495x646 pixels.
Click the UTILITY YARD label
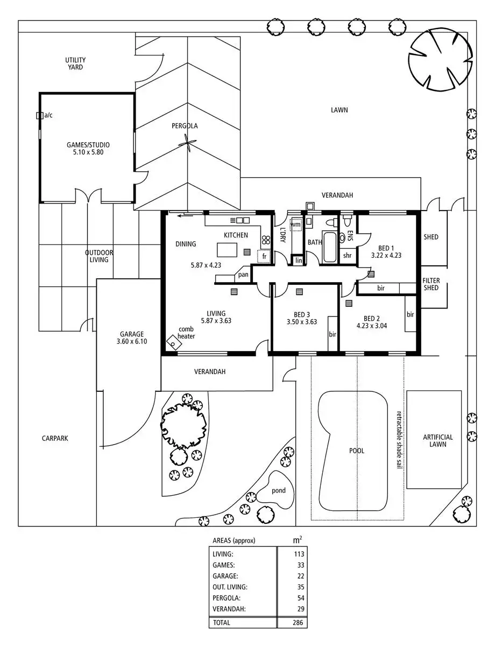[x=75, y=64]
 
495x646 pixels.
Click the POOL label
[x=357, y=451]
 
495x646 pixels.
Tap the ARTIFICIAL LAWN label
[x=437, y=441]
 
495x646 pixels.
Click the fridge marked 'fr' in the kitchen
[x=264, y=256]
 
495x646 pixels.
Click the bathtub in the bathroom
[x=330, y=247]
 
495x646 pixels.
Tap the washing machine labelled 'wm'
[x=296, y=224]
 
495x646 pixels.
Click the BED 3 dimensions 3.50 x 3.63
[x=301, y=322]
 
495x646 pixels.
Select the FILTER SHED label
[x=430, y=284]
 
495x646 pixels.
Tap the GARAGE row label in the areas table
[x=225, y=576]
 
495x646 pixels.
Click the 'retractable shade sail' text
[x=399, y=440]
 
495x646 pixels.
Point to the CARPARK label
[x=55, y=439]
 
